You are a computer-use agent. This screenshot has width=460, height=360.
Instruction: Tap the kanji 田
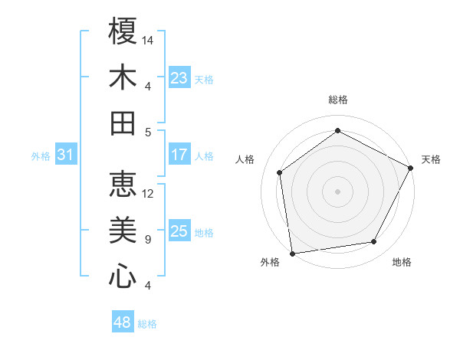click(123, 123)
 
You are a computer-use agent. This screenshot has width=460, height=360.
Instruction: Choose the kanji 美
click(123, 230)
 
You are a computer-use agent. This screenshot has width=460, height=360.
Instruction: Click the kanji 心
click(123, 277)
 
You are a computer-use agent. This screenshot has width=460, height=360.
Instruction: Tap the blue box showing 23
click(179, 78)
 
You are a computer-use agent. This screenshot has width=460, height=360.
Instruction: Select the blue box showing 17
click(179, 155)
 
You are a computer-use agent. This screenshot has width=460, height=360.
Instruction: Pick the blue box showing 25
click(179, 231)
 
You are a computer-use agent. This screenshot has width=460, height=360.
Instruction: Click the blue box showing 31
click(66, 155)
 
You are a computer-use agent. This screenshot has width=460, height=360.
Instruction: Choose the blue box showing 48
click(123, 322)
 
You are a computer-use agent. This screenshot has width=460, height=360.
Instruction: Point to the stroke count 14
click(149, 40)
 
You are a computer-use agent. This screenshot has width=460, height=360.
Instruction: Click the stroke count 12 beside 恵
click(149, 193)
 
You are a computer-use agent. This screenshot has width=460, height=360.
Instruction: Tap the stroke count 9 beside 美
click(147, 240)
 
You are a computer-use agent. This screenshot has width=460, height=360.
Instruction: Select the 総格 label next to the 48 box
click(147, 324)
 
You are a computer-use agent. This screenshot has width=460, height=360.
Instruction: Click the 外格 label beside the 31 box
click(41, 156)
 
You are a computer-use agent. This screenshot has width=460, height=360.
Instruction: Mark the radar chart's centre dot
click(337, 191)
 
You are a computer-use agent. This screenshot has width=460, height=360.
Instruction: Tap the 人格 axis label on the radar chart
click(245, 159)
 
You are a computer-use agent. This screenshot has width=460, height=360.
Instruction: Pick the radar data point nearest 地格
click(374, 242)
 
